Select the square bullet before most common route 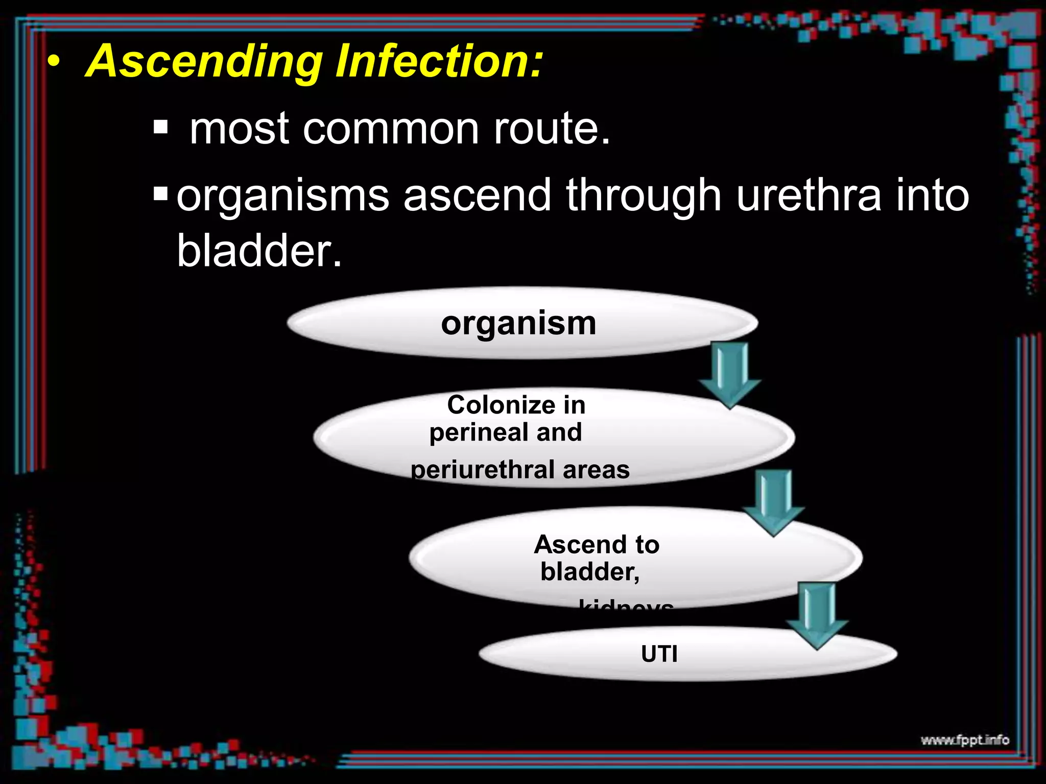point(160,127)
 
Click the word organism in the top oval point(518,323)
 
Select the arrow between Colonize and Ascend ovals point(773,503)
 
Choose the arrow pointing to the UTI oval point(817,616)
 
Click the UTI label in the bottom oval point(659,654)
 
